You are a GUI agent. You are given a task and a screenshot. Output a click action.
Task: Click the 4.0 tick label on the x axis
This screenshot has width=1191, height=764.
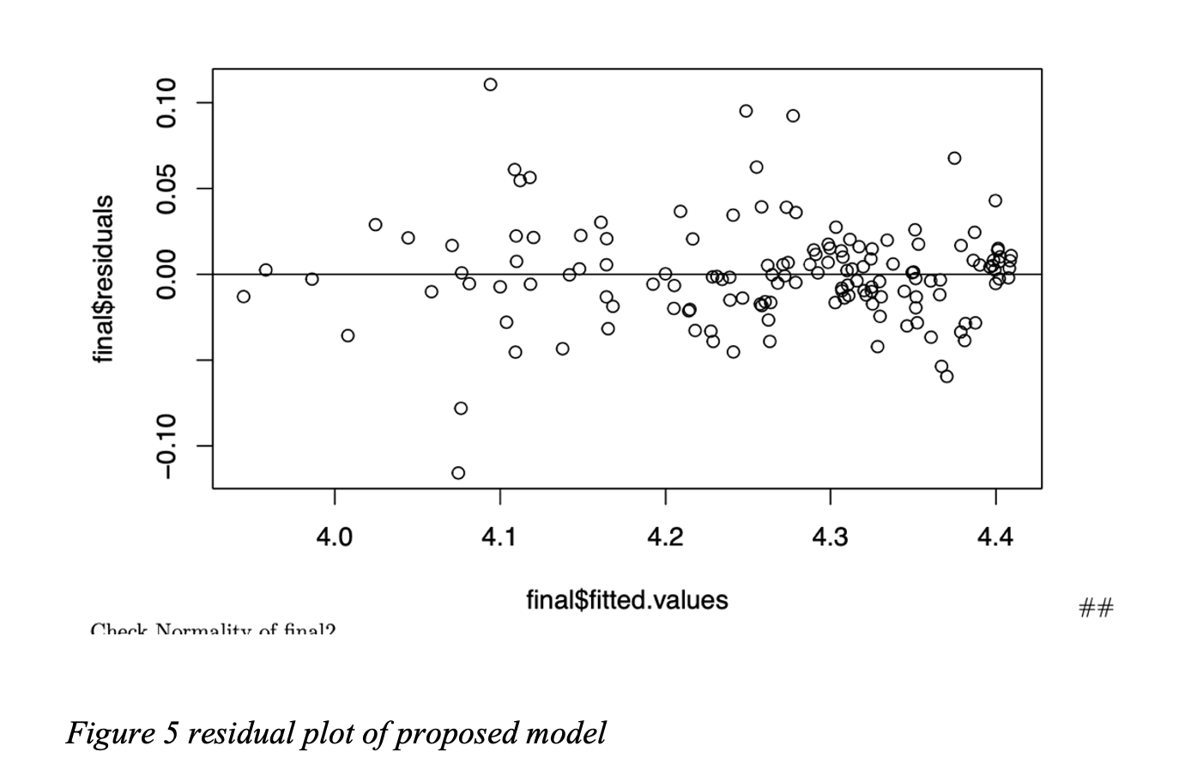click(x=334, y=537)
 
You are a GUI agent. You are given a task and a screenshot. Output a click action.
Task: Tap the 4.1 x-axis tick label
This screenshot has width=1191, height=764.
click(x=499, y=537)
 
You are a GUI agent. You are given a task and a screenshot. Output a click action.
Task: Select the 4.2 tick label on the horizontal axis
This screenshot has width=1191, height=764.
click(x=665, y=537)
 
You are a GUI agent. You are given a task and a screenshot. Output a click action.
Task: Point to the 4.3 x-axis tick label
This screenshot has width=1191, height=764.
click(x=830, y=537)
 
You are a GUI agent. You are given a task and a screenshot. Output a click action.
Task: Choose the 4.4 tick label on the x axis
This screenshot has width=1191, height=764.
click(x=995, y=537)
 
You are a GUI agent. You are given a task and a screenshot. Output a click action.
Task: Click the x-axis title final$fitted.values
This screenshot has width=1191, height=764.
click(x=627, y=600)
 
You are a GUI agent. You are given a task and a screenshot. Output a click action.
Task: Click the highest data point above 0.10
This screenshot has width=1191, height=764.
click(x=490, y=84)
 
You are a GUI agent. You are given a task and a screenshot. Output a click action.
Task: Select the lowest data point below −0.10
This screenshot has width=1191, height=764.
click(x=458, y=473)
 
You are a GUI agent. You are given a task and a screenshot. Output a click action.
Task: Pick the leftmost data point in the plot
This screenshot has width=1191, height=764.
click(x=244, y=296)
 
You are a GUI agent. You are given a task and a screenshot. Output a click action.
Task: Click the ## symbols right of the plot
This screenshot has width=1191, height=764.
click(x=1096, y=609)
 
